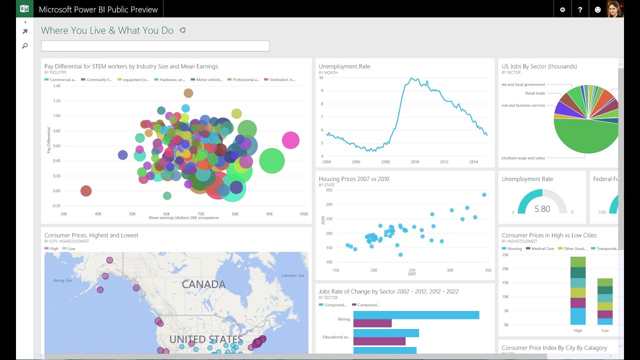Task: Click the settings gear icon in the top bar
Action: [562, 9]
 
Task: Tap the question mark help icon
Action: [580, 9]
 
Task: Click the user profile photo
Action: [614, 9]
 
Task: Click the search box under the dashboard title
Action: [155, 46]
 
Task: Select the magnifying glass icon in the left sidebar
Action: [25, 46]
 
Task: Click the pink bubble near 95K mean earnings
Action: [290, 141]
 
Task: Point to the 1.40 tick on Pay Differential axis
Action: [56, 86]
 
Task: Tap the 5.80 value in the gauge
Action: [542, 209]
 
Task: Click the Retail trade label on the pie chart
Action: [535, 93]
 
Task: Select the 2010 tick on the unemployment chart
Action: [415, 162]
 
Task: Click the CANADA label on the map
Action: [203, 284]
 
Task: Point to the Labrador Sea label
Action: [293, 275]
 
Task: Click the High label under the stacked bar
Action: [578, 330]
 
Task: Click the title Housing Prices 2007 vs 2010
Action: [354, 179]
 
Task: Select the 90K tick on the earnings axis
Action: [269, 213]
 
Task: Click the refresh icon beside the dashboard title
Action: [182, 30]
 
